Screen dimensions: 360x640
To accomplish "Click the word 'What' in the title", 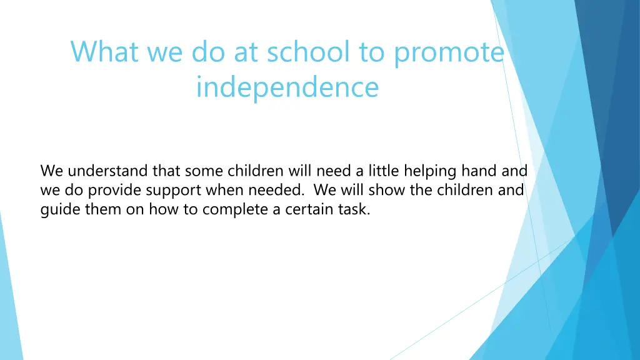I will pos(104,51).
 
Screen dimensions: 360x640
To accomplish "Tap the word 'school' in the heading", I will pos(308,51).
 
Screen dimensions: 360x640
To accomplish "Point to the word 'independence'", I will pos(287,87).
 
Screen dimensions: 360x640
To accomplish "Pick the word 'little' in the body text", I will pos(382,171).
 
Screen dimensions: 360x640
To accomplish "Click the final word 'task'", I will pos(354,210).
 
